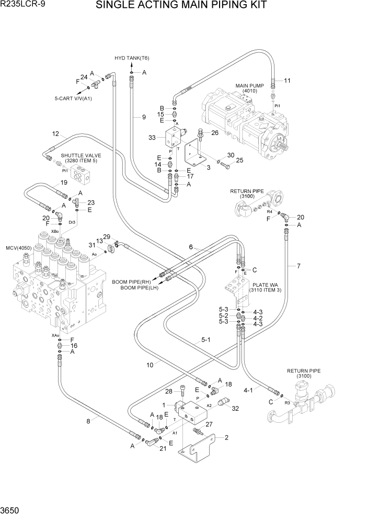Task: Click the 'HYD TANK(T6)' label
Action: [x=132, y=58]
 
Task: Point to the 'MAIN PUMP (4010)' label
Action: [x=249, y=88]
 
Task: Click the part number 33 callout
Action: [x=152, y=138]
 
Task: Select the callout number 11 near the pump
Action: [x=287, y=80]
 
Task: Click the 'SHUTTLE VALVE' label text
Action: [x=81, y=155]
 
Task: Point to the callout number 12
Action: [x=56, y=134]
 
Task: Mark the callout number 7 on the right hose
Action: [x=299, y=266]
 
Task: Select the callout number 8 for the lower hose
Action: [x=88, y=420]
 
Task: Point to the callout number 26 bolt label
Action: [x=214, y=133]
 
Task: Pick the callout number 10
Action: [x=150, y=365]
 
